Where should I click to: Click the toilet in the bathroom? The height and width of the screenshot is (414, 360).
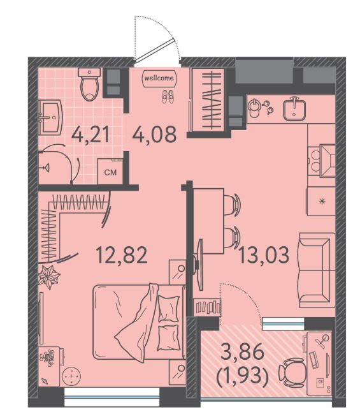pos(90,84)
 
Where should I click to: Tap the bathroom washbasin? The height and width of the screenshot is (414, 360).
pos(50,117)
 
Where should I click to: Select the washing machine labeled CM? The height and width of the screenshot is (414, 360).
pos(110,172)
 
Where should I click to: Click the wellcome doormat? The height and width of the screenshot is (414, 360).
pos(159,78)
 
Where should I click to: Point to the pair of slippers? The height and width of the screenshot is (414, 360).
pos(168,96)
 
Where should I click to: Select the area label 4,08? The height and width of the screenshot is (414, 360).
pos(155,134)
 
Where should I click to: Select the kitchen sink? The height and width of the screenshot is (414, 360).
pos(294,108)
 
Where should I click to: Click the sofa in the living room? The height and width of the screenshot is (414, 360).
pos(317,270)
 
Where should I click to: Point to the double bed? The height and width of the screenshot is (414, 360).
pos(139,322)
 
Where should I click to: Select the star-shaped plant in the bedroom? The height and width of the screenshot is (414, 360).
pos(49,277)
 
